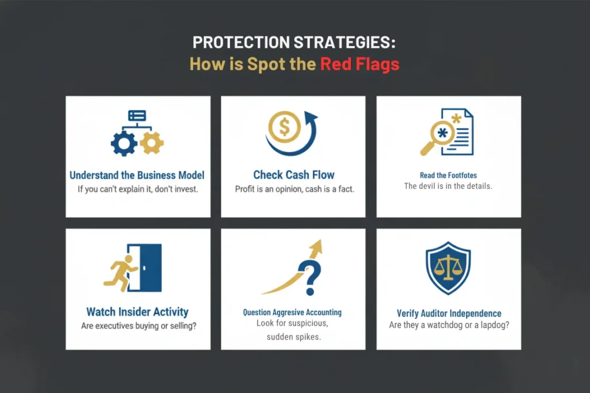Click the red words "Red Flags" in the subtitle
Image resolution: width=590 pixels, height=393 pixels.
click(x=360, y=64)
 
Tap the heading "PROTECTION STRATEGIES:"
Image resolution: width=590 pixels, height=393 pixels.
click(x=294, y=43)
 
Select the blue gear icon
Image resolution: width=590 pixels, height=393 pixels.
click(x=124, y=143)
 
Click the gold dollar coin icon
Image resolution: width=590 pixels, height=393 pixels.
click(x=285, y=127)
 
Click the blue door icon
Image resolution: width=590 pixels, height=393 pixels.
click(x=145, y=268)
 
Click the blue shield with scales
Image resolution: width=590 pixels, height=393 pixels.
click(x=448, y=268)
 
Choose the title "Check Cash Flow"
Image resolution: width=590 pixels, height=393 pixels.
click(x=293, y=175)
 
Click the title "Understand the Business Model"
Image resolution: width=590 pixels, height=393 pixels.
click(x=137, y=175)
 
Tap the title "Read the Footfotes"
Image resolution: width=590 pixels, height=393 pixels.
click(x=448, y=175)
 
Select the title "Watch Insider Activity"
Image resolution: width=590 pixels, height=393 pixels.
click(x=137, y=311)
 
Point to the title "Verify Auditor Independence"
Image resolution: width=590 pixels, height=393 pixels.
click(x=449, y=314)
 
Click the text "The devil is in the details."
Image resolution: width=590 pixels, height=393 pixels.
click(x=448, y=186)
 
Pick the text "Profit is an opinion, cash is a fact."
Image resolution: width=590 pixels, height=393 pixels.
click(x=294, y=189)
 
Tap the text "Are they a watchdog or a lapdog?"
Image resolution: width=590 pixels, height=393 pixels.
click(x=449, y=325)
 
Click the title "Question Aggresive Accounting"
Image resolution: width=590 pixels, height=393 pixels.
click(x=292, y=312)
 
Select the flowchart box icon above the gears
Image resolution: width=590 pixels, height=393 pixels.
click(x=137, y=115)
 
